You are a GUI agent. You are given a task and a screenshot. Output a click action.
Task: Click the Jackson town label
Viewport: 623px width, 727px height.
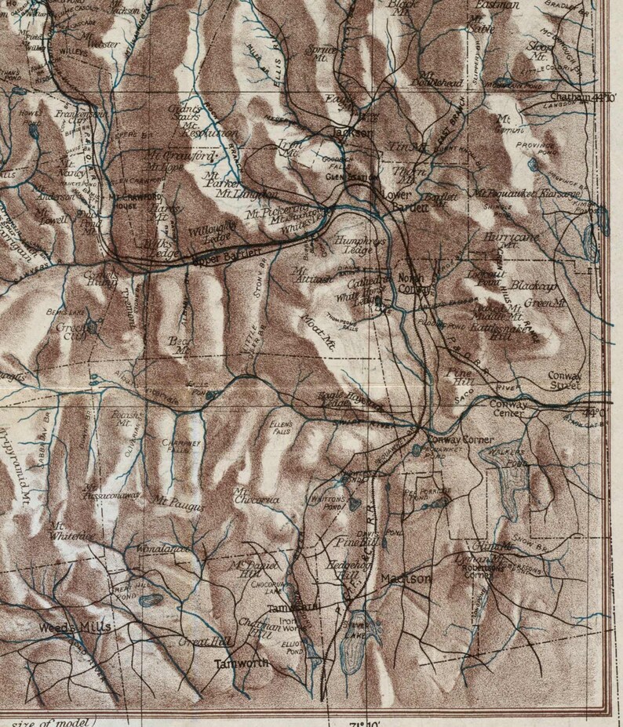coord(352,133)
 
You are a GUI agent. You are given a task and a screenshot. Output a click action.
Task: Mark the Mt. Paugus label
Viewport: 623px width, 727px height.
coord(180,507)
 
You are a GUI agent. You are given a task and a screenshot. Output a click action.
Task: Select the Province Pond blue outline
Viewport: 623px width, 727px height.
coord(534,164)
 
